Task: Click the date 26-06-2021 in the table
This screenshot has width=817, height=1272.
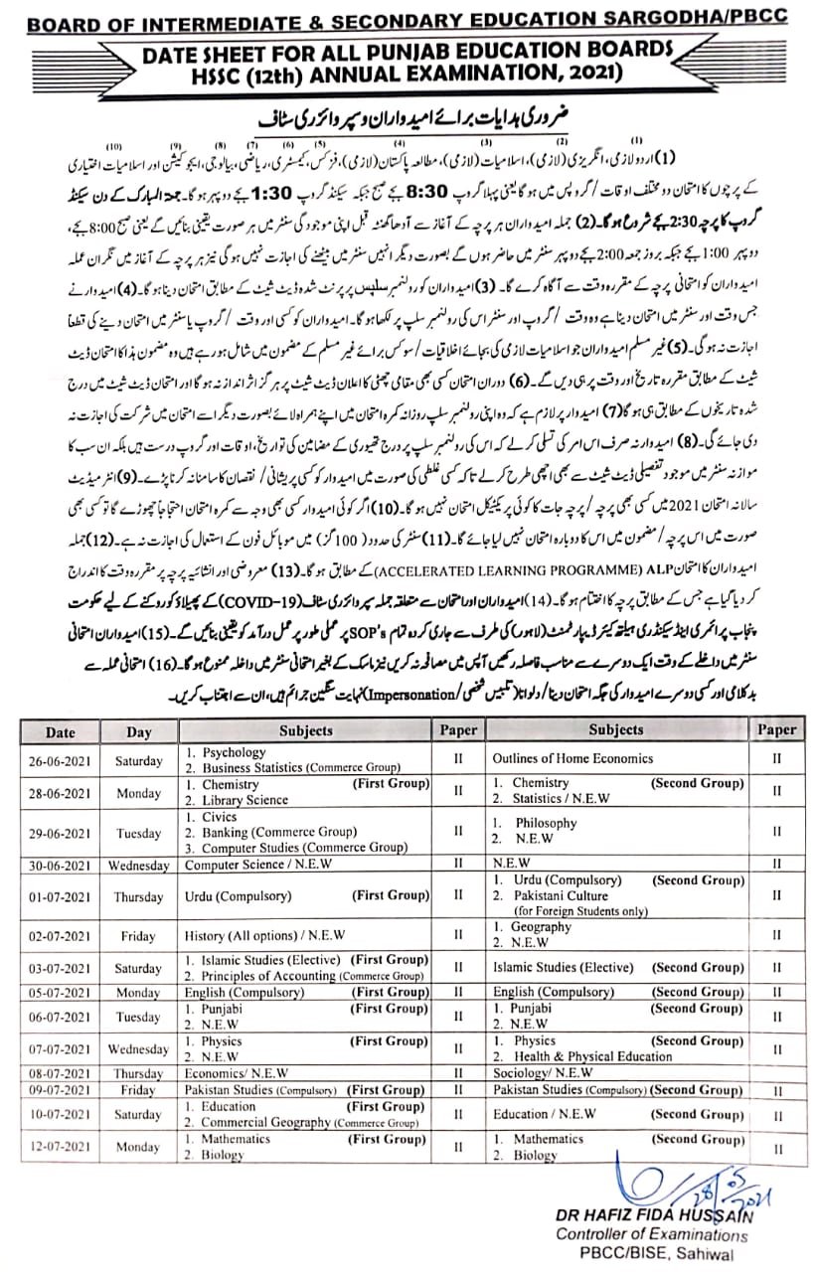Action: [x=60, y=760]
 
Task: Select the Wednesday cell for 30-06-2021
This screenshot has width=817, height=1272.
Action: [x=138, y=865]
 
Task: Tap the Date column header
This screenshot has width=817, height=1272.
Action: [x=60, y=730]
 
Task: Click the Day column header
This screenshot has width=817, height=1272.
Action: [x=138, y=730]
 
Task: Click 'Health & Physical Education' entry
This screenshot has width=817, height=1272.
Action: [x=593, y=1056]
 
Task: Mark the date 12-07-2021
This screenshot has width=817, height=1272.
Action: [x=60, y=1147]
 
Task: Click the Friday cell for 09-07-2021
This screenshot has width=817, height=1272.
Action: [x=138, y=1090]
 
